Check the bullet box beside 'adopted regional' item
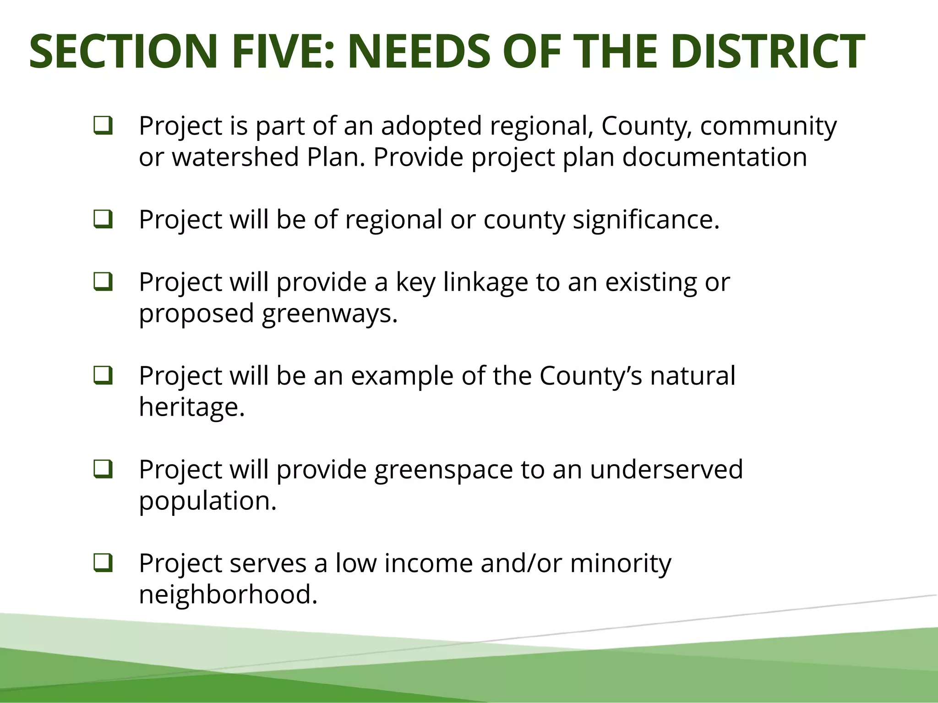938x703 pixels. click(103, 125)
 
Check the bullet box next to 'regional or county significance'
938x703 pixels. click(103, 219)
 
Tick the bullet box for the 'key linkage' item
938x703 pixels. click(103, 281)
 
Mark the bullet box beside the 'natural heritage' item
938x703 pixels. click(103, 375)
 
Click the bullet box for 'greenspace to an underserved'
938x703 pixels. click(103, 469)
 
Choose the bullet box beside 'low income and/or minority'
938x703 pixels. click(103, 563)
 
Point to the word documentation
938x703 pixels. click(714, 157)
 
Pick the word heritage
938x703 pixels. click(192, 407)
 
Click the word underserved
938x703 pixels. click(666, 469)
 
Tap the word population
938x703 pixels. click(207, 501)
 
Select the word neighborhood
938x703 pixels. click(228, 594)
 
